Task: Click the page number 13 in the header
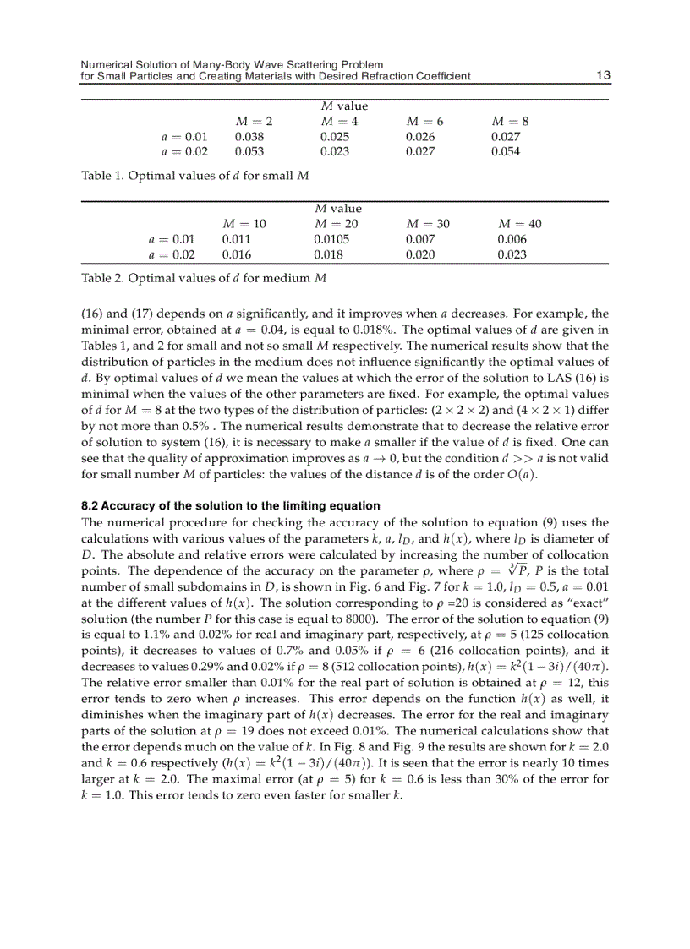603,76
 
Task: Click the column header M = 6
425,121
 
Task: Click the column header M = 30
428,224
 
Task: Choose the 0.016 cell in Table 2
236,254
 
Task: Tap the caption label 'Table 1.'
101,176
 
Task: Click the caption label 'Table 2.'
101,277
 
